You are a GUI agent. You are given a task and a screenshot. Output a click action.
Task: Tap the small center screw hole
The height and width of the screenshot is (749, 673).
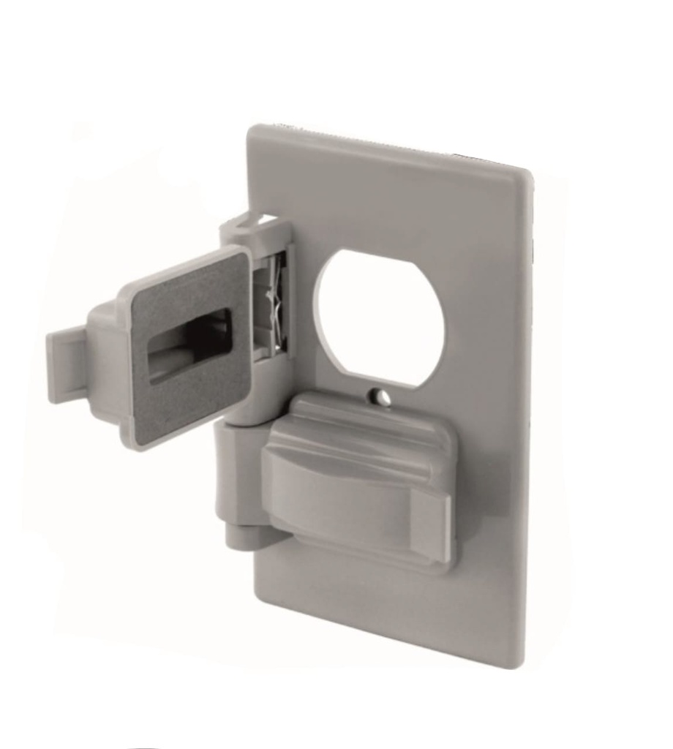click(x=378, y=396)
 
